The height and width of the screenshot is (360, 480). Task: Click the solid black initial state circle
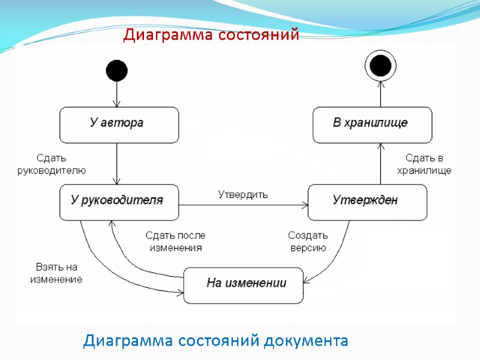click(x=117, y=70)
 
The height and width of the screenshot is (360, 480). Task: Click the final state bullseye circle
click(x=380, y=64)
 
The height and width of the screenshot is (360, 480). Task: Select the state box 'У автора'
click(x=118, y=124)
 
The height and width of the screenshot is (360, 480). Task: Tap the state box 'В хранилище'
click(x=372, y=124)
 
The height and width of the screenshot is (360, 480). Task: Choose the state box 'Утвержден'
click(x=367, y=202)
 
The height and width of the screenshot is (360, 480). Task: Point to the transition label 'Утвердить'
click(x=243, y=194)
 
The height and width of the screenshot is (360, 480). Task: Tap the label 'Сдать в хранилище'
click(x=424, y=164)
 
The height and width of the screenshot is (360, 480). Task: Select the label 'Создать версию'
click(x=308, y=241)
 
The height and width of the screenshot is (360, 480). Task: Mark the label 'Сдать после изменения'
click(x=175, y=241)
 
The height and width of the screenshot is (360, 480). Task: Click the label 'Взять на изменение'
click(x=56, y=273)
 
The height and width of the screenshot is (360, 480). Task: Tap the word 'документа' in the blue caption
click(x=307, y=341)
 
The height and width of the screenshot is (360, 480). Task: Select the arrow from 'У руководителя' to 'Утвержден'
click(x=243, y=206)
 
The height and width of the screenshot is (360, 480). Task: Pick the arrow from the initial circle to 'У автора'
click(x=117, y=94)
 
